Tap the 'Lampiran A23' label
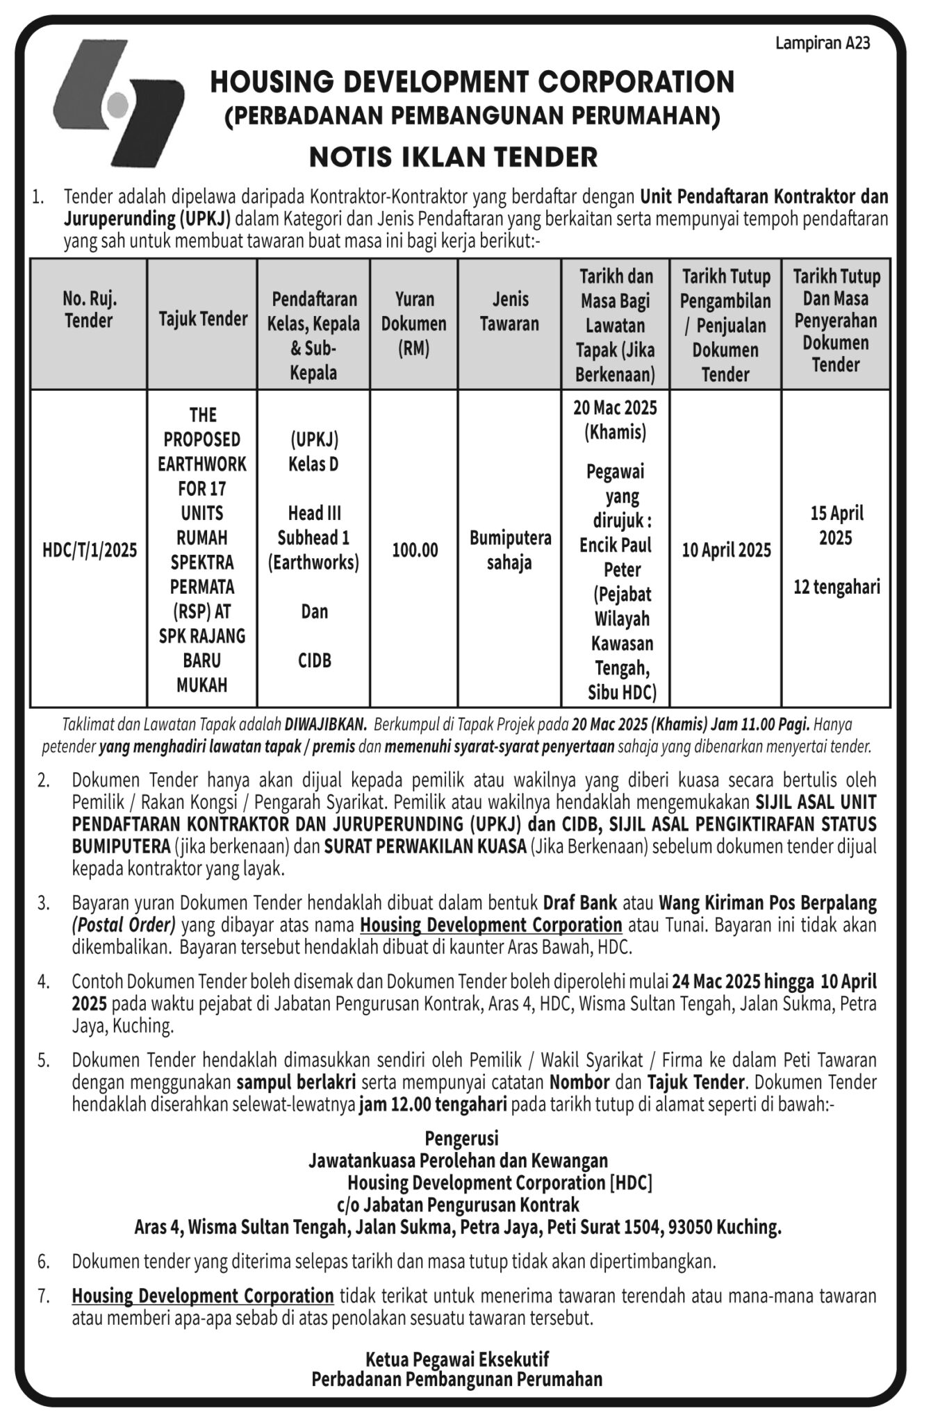822,44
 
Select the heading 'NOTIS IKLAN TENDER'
453,157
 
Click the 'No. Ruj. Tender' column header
89,310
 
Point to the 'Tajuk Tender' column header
203,319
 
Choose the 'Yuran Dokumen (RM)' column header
414,324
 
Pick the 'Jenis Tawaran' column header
509,312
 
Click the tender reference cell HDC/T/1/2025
90,551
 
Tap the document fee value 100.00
415,551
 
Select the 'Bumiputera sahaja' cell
510,551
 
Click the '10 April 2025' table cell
726,551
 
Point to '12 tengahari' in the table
837,587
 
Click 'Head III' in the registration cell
315,513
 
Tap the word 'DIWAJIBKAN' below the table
325,725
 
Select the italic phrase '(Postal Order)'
124,926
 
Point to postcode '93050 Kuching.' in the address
724,1228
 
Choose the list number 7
44,1296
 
